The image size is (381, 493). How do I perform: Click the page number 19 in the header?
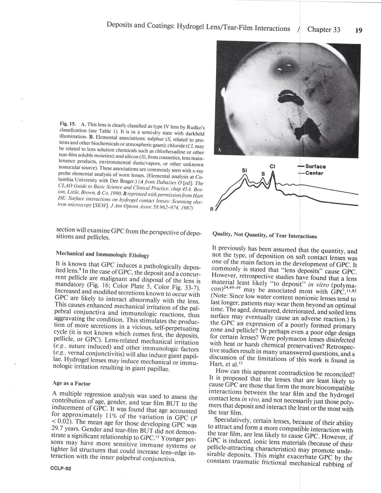pyautogui.click(x=358, y=30)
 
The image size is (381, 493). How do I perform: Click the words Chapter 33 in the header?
pyautogui.click(x=324, y=29)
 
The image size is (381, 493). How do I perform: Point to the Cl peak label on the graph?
pyautogui.click(x=272, y=166)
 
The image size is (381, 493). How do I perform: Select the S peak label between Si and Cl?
pyautogui.click(x=263, y=173)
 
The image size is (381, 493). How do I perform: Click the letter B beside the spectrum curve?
pyautogui.click(x=212, y=209)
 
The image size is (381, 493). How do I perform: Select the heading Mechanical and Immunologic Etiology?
pyautogui.click(x=102, y=255)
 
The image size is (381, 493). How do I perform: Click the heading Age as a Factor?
pyautogui.click(x=71, y=383)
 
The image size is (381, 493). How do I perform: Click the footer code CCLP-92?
pyautogui.click(x=61, y=468)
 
